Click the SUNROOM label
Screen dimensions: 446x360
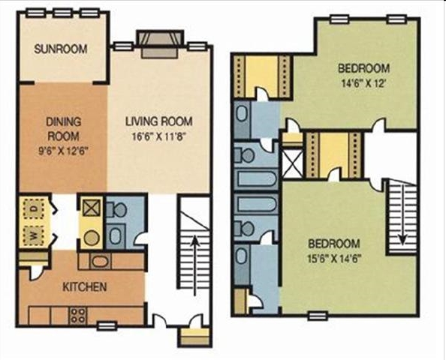coord(61,49)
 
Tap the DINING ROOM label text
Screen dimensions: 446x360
coord(64,129)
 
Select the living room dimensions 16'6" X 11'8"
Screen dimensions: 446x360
coord(159,137)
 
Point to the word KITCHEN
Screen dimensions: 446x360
coord(85,286)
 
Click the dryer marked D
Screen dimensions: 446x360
coord(34,208)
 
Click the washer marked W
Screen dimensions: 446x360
coord(34,235)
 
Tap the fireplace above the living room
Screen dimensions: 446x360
coord(160,43)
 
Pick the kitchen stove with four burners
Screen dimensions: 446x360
coord(78,316)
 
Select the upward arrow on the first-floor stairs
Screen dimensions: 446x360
coord(194,265)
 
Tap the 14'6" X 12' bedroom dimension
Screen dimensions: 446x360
coord(363,83)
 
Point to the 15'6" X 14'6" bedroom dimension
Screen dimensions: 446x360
coord(334,259)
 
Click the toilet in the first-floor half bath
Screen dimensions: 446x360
coord(116,209)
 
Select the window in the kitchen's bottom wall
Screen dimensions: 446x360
coord(107,326)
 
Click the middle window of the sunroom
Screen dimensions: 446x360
coord(63,13)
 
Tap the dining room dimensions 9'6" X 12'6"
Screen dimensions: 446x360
coord(64,151)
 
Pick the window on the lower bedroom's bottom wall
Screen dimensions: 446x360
coord(318,316)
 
